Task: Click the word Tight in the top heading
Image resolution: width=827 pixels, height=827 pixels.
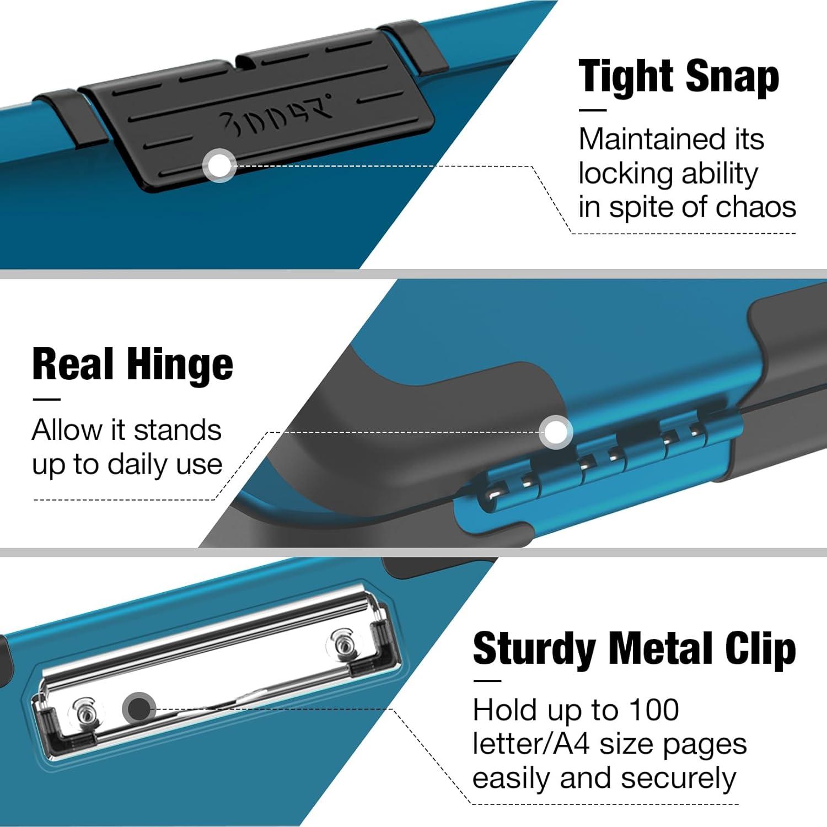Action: click(x=627, y=77)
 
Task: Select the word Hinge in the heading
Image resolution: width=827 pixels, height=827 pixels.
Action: click(x=180, y=365)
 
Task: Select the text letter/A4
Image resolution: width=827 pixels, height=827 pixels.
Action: click(x=531, y=744)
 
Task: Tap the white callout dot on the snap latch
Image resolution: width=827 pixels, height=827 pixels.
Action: click(x=219, y=165)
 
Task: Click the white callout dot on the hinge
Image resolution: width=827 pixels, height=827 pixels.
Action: click(x=556, y=431)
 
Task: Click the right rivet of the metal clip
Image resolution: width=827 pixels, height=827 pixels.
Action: click(x=343, y=643)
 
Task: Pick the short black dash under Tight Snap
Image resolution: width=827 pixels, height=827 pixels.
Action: click(x=592, y=110)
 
